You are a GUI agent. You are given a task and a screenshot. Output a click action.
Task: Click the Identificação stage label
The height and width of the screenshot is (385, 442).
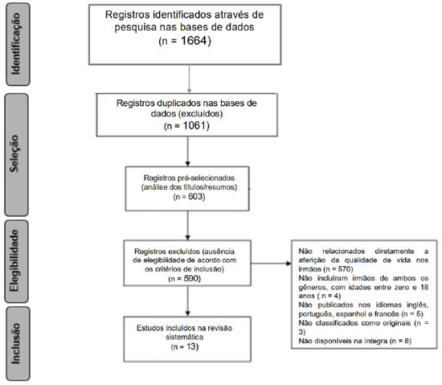point(16,43)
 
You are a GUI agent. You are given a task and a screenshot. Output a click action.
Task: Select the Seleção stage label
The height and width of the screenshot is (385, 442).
point(14,154)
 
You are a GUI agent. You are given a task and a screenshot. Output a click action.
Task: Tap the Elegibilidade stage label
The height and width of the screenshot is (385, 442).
point(14,260)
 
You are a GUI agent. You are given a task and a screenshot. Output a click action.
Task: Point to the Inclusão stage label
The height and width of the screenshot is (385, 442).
point(16,343)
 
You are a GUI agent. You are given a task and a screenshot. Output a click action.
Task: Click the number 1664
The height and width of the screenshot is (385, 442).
point(194,40)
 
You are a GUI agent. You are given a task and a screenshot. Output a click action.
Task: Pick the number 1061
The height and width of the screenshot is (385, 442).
point(195,125)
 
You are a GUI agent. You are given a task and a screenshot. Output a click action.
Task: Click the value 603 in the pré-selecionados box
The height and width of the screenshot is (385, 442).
point(195,196)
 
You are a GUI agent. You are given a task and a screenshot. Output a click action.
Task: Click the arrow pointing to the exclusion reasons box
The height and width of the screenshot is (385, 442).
point(271,264)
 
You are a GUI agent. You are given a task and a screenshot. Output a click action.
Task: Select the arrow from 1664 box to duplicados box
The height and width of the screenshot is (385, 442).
point(189,79)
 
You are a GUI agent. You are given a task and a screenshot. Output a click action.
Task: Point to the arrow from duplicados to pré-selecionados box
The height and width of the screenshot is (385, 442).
point(188,151)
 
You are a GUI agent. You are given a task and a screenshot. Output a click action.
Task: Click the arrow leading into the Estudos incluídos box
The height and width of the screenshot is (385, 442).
point(188,301)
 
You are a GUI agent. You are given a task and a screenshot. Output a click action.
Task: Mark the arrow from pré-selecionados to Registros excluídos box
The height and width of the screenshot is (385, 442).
point(188,225)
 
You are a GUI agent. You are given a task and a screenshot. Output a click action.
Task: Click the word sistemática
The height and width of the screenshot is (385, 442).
point(184,337)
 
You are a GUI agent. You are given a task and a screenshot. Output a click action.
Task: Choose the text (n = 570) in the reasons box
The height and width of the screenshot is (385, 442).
point(338,269)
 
